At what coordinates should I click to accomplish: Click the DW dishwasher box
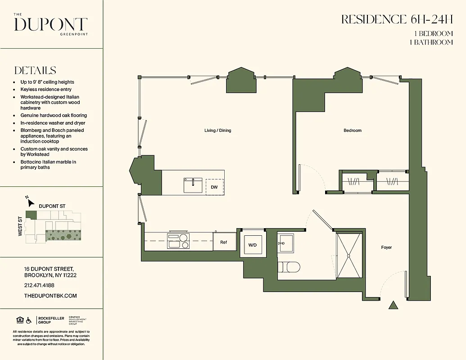(215, 186)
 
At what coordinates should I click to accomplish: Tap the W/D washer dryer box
(252, 245)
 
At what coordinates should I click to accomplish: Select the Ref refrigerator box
(224, 242)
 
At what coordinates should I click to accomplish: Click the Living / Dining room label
(217, 130)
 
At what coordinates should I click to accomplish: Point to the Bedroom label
(353, 130)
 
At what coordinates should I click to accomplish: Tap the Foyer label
(386, 247)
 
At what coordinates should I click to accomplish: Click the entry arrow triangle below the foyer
(394, 305)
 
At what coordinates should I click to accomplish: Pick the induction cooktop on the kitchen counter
(178, 241)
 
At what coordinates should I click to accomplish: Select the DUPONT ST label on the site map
(52, 206)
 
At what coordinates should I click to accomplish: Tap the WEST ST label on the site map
(21, 226)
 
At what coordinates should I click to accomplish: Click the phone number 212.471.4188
(39, 285)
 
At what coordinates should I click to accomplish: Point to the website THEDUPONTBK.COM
(50, 296)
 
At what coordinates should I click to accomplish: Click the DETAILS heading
(35, 71)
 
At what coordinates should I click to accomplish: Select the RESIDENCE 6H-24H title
(397, 20)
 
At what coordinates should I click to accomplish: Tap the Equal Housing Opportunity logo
(19, 320)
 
